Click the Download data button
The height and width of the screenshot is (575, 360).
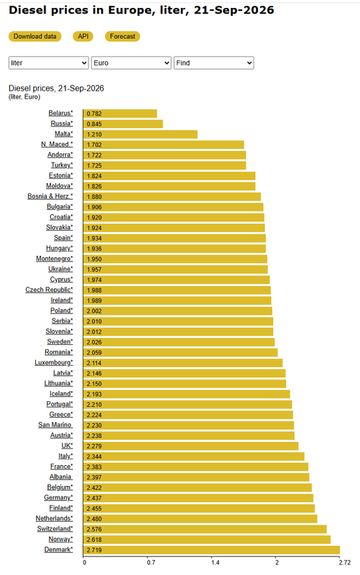34,37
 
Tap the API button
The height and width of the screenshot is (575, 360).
83,37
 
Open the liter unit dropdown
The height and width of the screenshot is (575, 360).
48,63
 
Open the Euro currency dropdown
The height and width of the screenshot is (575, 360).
131,63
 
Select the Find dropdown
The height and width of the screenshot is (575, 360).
213,63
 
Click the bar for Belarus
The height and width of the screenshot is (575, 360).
120,114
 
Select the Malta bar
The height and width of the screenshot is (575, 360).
140,134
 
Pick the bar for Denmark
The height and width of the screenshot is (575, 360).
211,550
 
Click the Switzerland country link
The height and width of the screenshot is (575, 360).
55,529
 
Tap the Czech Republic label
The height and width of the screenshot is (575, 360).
49,290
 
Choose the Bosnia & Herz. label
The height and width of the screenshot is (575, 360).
50,196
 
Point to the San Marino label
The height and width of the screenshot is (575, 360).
55,425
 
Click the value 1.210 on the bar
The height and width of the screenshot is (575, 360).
94,134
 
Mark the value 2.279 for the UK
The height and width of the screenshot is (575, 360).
94,446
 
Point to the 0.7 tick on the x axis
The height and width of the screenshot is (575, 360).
151,563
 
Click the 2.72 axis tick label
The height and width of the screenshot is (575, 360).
345,563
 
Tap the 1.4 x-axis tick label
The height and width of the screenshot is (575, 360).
215,563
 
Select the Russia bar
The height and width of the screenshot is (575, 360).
123,124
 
